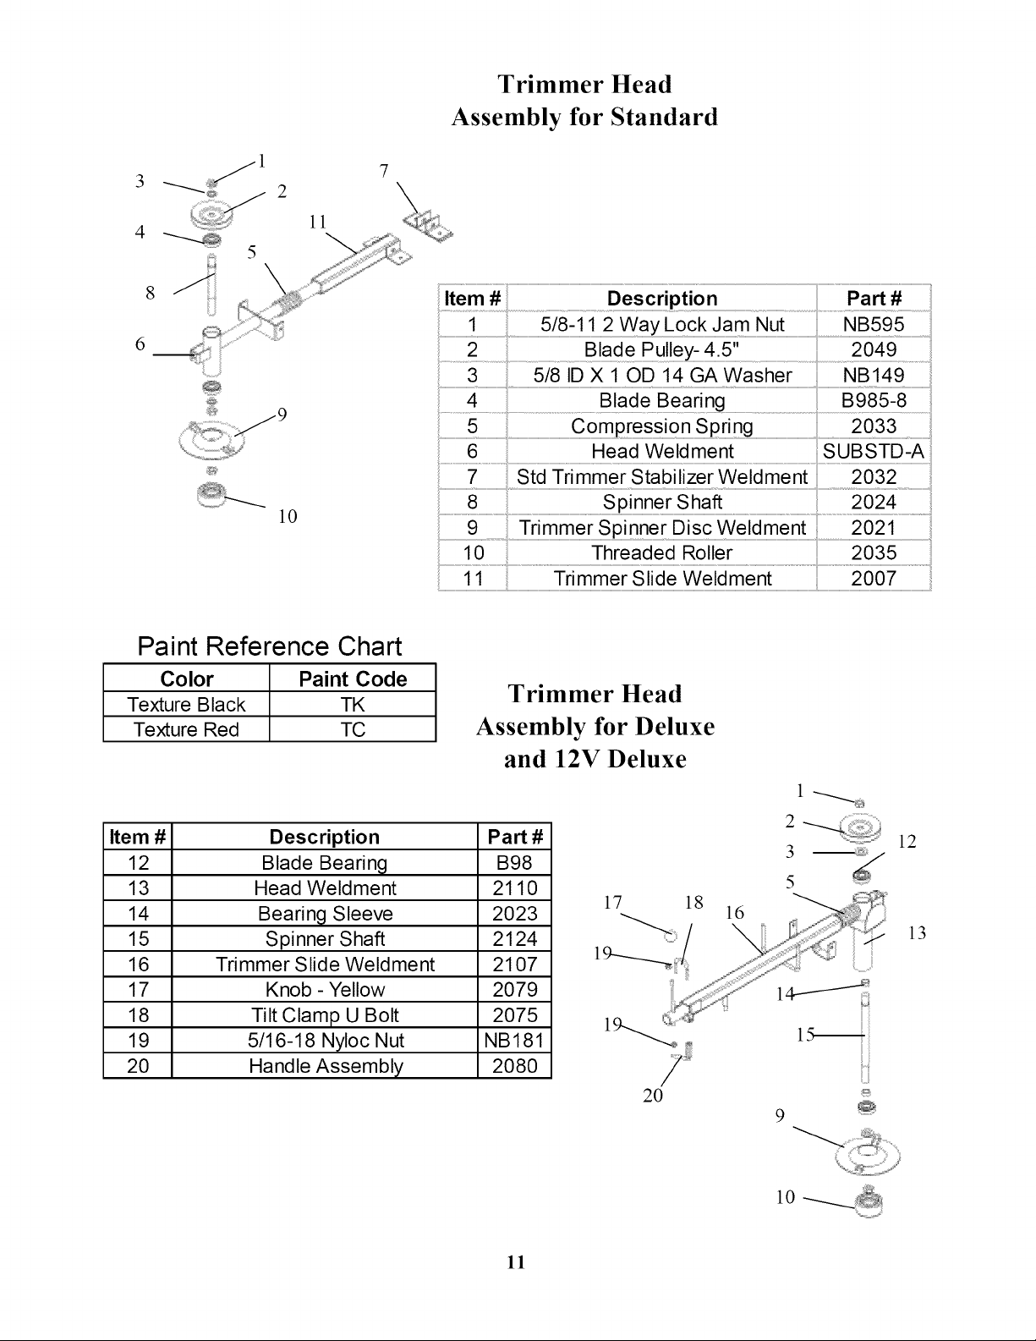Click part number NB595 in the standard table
[873, 325]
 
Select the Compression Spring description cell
[661, 426]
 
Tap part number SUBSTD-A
[873, 451]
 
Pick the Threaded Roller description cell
[661, 553]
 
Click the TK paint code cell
[353, 704]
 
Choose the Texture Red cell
[186, 729]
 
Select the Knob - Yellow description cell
[325, 989]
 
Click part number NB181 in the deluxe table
[513, 1040]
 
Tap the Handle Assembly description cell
[326, 1066]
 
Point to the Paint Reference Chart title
[270, 646]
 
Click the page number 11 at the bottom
[516, 1262]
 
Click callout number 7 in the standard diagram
[384, 170]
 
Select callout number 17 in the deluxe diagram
[612, 902]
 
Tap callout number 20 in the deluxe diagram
[652, 1096]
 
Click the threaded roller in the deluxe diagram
[869, 1203]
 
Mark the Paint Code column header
[353, 679]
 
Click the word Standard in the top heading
[664, 117]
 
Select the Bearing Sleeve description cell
[325, 914]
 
